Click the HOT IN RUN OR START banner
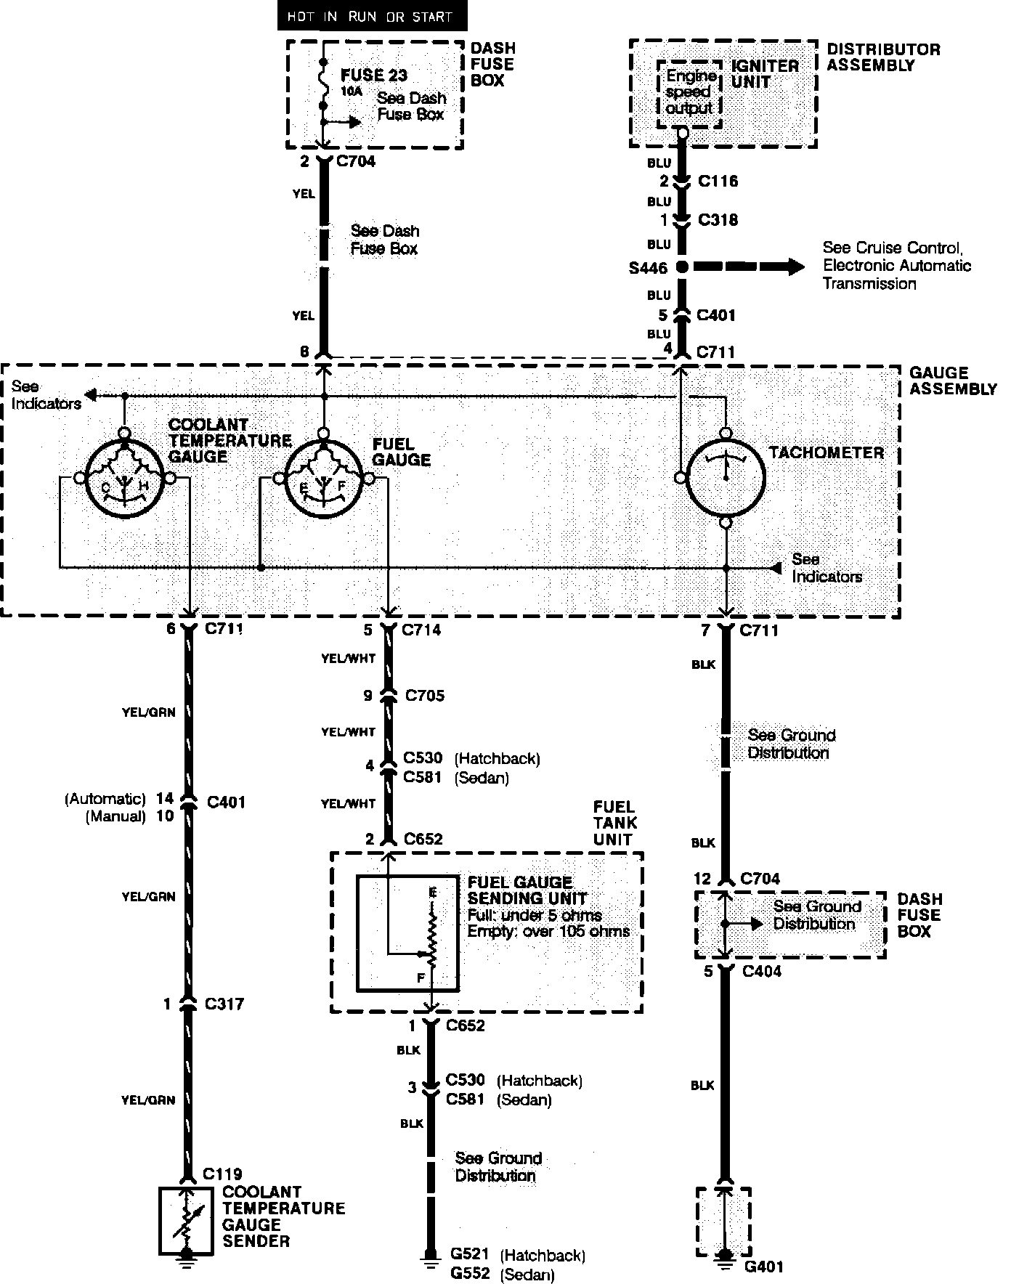[x=370, y=16]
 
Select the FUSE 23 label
[x=373, y=75]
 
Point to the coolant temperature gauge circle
[x=124, y=478]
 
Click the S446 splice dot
[x=681, y=267]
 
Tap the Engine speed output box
[x=689, y=92]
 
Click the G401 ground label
[x=765, y=1267]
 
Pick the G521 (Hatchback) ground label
[x=517, y=1254]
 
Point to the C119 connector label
[x=223, y=1174]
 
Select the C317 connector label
[x=224, y=1004]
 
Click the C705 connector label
[x=425, y=696]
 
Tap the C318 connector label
[x=718, y=219]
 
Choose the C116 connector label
[x=718, y=181]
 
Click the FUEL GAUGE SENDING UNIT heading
[x=520, y=890]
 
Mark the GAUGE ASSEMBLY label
[x=953, y=381]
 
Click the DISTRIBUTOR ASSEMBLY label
[x=883, y=57]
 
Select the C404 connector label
[x=762, y=971]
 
